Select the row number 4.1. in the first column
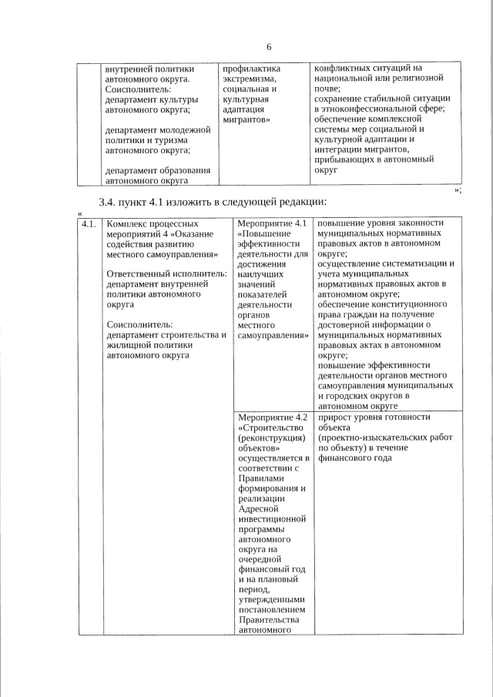[x=89, y=224]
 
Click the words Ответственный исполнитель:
[x=166, y=273]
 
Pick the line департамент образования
[x=159, y=170]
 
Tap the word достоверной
[x=347, y=324]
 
